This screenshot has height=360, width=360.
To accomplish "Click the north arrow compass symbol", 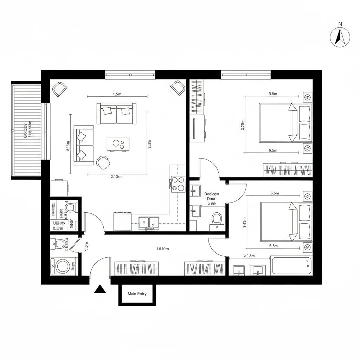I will tap(340, 37).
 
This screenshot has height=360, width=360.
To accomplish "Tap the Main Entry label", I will tap(137, 294).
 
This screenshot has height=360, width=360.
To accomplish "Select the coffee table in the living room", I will tap(118, 144).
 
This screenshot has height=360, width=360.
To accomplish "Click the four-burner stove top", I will tap(178, 184).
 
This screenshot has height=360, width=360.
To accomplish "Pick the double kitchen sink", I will tap(149, 223).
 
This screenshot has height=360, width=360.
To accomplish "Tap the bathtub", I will tap(291, 266).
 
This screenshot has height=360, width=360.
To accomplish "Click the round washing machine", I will tap(63, 266).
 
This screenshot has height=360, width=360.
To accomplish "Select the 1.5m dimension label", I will tap(117, 94).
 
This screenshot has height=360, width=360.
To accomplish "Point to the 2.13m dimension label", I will tap(116, 177).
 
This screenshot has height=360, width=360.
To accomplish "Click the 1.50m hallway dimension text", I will tap(162, 249).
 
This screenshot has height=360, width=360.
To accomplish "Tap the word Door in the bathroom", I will tap(211, 199).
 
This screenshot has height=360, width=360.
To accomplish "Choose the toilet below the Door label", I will tap(217, 221).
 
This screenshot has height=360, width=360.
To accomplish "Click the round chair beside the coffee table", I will tap(104, 162).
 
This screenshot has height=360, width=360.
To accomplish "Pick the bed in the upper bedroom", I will tap(285, 123).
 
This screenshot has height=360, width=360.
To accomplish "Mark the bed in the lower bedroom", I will tap(285, 221).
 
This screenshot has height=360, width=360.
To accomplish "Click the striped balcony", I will tap(27, 130).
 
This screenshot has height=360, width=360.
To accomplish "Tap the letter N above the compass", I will tap(340, 24).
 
